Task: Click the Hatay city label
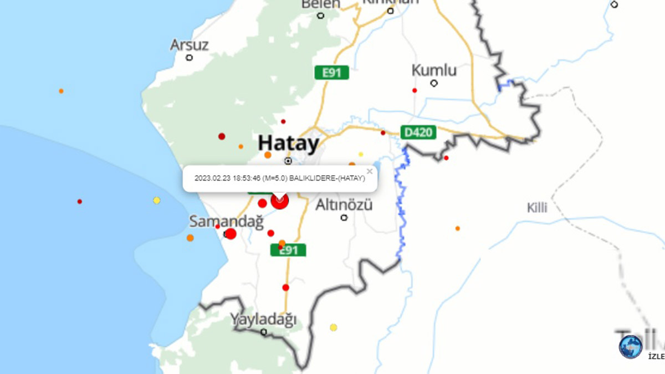point(288,144)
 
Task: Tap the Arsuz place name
point(190,44)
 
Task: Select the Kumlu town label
point(434,70)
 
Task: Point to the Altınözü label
point(344,205)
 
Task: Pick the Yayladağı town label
point(263,319)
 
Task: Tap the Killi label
point(537,208)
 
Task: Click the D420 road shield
point(418,132)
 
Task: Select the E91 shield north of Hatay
point(331,73)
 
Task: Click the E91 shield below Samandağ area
point(288,250)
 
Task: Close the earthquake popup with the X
point(370,171)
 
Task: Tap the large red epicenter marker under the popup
point(279,201)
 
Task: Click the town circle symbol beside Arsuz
point(190,58)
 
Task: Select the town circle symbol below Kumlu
point(434,84)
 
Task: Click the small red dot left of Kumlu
point(415,90)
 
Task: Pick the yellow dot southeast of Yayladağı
point(334,327)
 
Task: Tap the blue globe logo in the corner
point(631,346)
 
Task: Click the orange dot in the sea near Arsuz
point(61,91)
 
